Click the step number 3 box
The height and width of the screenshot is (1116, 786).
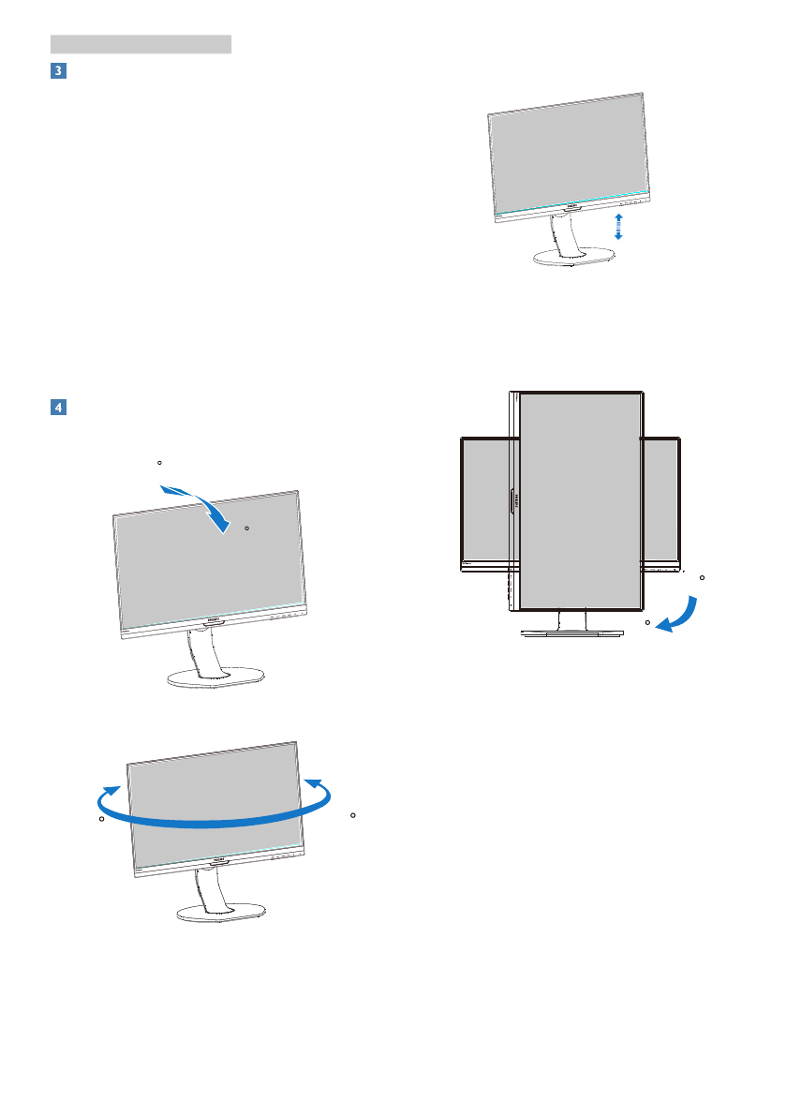[57, 72]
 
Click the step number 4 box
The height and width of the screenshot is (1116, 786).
[57, 408]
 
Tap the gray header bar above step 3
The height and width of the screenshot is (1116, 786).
[141, 43]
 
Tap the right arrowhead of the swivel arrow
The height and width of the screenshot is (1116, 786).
[318, 785]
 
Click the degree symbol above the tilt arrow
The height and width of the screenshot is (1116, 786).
[159, 463]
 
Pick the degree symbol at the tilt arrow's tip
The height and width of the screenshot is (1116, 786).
[246, 528]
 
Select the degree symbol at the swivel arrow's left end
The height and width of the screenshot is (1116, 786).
[100, 819]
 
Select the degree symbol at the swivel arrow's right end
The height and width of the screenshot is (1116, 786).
[352, 815]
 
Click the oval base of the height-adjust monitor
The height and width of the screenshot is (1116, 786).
[571, 260]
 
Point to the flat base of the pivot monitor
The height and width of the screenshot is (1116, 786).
[572, 634]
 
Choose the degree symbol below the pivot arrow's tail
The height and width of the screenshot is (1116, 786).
[647, 621]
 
